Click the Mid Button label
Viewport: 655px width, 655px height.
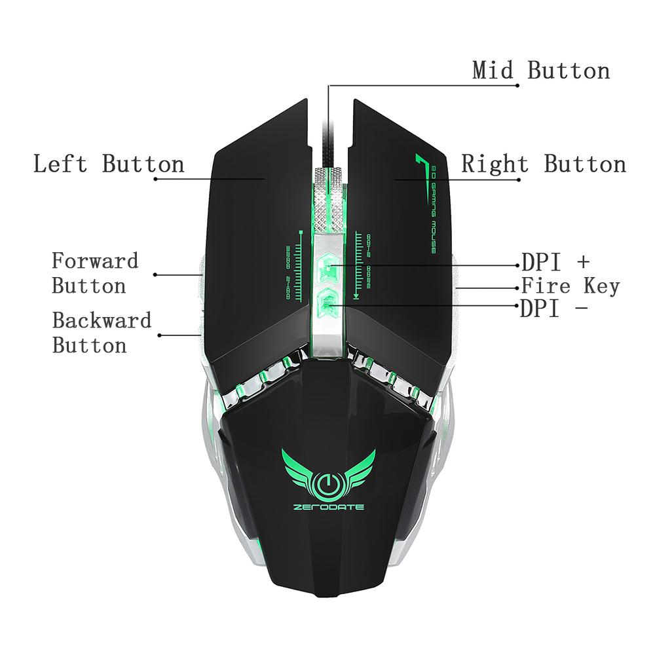coord(541,70)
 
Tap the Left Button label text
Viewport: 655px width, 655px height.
coord(109,164)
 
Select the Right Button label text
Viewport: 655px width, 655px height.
coord(544,164)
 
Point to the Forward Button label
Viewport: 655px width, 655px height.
coord(95,273)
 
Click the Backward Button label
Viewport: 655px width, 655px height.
coord(102,333)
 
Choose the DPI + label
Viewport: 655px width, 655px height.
coord(555,262)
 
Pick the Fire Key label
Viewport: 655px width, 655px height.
coord(570,286)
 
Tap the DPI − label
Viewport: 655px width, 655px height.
coord(553,309)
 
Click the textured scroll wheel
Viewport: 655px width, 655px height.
coord(328,196)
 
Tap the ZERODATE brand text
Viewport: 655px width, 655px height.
coord(328,507)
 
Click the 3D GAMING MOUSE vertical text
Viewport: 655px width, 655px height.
coord(434,210)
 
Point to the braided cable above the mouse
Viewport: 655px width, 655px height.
coord(328,131)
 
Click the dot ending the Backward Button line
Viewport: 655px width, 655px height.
coord(159,335)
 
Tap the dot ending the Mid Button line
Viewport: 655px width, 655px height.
coord(517,85)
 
